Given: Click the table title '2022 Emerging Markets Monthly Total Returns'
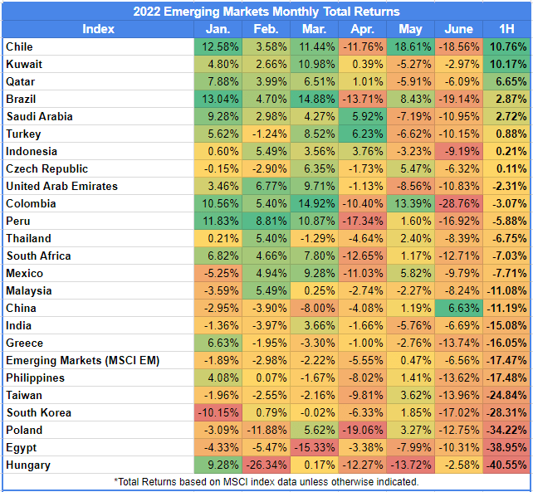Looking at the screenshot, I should click(x=266, y=12).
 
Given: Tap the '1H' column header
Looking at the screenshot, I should click(x=506, y=29).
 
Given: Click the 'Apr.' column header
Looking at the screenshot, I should click(x=363, y=29).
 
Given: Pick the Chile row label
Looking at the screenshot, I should click(x=19, y=46).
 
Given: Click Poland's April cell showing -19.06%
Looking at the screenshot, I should click(x=363, y=431).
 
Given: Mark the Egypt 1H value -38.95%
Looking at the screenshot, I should click(x=506, y=448).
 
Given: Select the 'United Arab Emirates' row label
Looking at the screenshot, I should click(x=61, y=186).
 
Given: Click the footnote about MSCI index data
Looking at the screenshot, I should click(x=266, y=481).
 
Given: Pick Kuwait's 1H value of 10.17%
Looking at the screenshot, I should click(x=506, y=64).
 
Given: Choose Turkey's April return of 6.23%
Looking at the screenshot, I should click(x=363, y=134).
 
